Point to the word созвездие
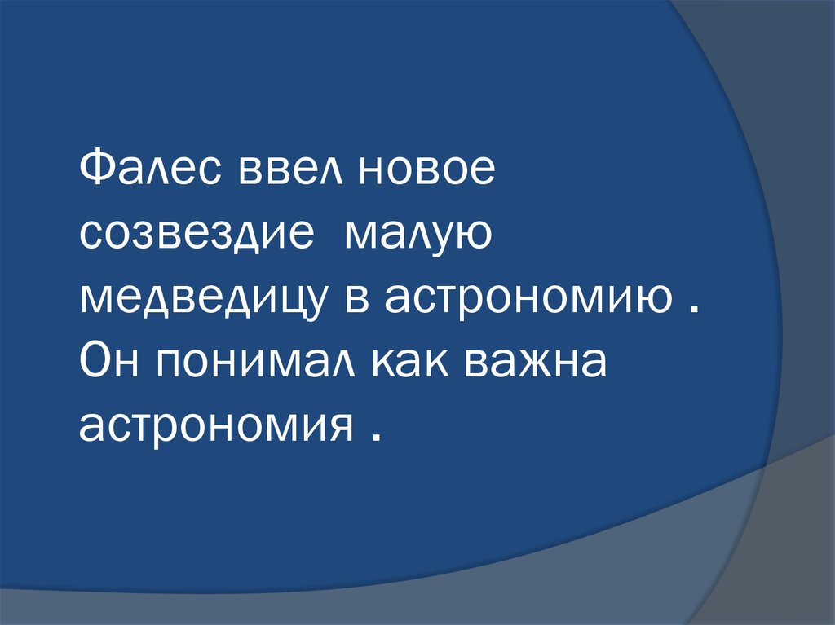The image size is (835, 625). click(x=197, y=234)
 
